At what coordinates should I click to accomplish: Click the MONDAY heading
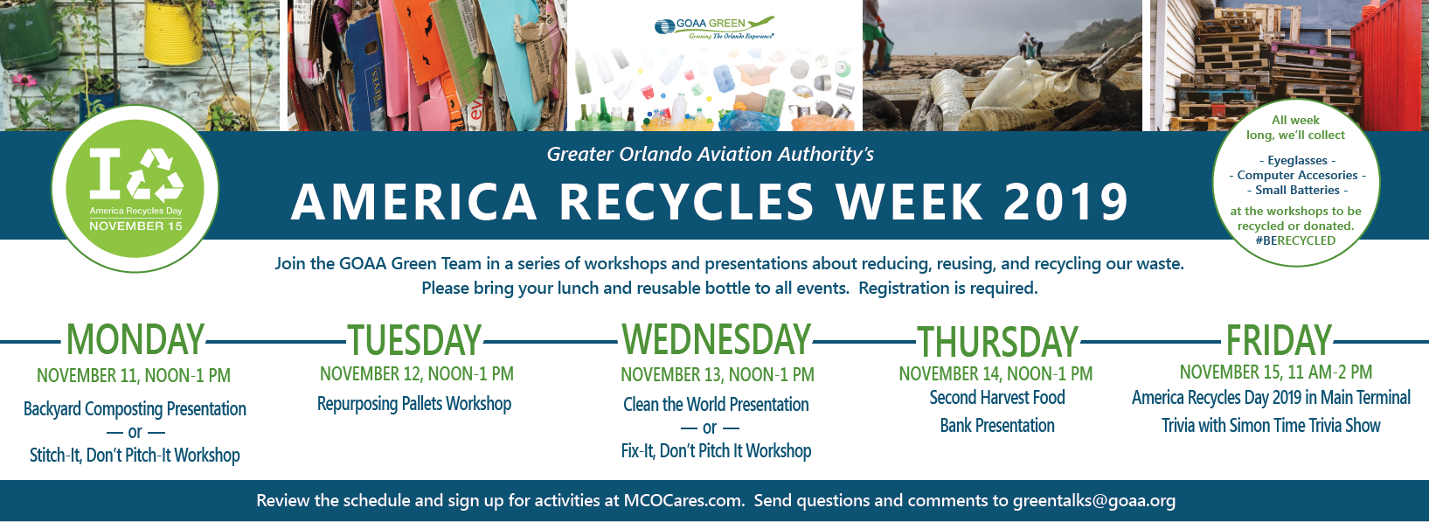pos(135,339)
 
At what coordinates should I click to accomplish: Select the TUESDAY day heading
pos(414,340)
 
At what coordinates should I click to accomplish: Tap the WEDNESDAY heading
pos(716,339)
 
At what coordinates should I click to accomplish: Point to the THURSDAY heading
pos(998,342)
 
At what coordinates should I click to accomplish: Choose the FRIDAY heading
pos(1279,340)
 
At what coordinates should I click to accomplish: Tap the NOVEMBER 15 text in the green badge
pos(135,226)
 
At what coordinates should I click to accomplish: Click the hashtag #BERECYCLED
pos(1295,240)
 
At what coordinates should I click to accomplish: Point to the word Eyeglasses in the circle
pos(1297,160)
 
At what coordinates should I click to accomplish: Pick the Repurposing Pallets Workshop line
pos(414,404)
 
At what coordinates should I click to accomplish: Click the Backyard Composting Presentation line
pos(135,408)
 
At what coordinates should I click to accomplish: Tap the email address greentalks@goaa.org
pos(1094,501)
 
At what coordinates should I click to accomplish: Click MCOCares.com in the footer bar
pos(683,500)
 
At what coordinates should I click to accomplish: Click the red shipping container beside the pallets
pos(1390,64)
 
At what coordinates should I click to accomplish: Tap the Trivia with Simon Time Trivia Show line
pos(1271,426)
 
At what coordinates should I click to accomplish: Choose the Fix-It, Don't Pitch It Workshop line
pos(716,451)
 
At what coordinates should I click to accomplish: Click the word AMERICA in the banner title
pos(413,202)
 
